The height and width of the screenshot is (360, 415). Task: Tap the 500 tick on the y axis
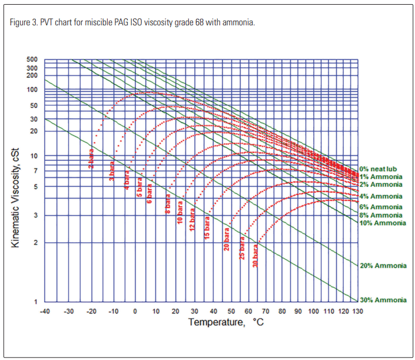coord(32,60)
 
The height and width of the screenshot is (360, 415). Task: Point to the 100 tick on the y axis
coord(32,90)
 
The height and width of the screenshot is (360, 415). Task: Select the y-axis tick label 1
coord(36,302)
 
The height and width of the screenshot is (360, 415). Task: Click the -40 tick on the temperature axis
coord(45,311)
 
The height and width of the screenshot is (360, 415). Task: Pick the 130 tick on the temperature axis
coord(357,311)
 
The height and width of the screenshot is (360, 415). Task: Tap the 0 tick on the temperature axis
coord(135,311)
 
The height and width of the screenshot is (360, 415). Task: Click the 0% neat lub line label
coord(381,169)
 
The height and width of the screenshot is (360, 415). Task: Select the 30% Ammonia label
coord(383,300)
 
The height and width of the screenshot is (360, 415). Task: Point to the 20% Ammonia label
coord(383,266)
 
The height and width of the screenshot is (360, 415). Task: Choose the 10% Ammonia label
coord(383,223)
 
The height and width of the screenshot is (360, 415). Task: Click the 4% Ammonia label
coord(381,196)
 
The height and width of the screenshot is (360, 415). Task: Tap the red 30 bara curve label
coord(255,256)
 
